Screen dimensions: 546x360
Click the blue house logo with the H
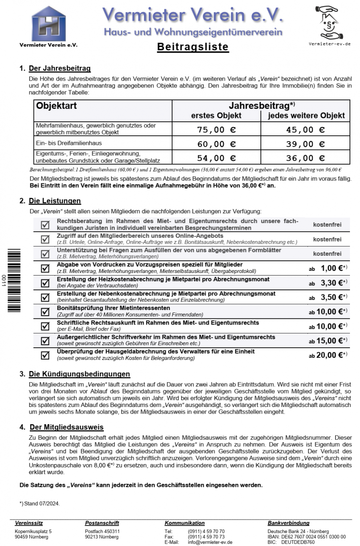[48, 24]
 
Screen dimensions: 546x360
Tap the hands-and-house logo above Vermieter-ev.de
[329, 23]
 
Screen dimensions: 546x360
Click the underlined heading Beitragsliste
[193, 47]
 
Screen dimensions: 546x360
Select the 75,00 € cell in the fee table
[216, 130]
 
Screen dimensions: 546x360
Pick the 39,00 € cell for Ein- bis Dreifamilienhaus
[305, 144]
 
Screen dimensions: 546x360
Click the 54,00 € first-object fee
[216, 158]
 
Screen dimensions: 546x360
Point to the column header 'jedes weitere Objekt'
[306, 115]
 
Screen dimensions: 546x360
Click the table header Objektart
[56, 106]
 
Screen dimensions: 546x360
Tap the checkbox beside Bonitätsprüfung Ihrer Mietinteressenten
[45, 312]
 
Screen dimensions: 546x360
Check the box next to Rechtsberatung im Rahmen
[45, 225]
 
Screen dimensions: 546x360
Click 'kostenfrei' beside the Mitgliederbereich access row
[327, 239]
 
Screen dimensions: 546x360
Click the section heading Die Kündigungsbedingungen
[79, 374]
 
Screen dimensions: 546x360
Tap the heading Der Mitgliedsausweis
[66, 428]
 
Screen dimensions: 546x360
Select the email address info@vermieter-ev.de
[210, 542]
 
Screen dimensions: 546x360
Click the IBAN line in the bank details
[307, 537]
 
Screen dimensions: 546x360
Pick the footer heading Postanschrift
[102, 523]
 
